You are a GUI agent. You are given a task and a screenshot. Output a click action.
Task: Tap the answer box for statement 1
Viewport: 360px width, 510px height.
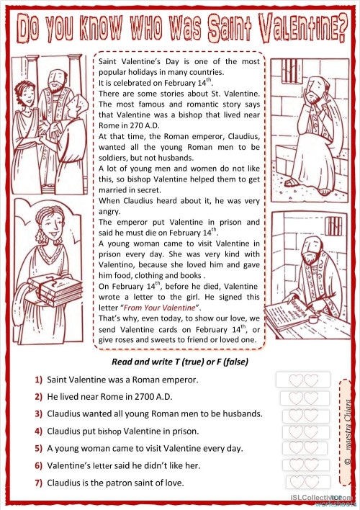(x=302, y=380)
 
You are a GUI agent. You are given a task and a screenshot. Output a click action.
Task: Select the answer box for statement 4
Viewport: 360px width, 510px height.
(x=302, y=431)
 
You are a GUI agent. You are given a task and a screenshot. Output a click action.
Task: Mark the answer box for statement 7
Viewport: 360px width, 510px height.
(x=302, y=482)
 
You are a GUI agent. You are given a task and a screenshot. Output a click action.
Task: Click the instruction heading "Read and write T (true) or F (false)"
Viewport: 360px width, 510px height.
(x=181, y=361)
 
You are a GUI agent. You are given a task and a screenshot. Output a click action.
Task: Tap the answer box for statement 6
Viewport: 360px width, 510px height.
(x=302, y=465)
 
